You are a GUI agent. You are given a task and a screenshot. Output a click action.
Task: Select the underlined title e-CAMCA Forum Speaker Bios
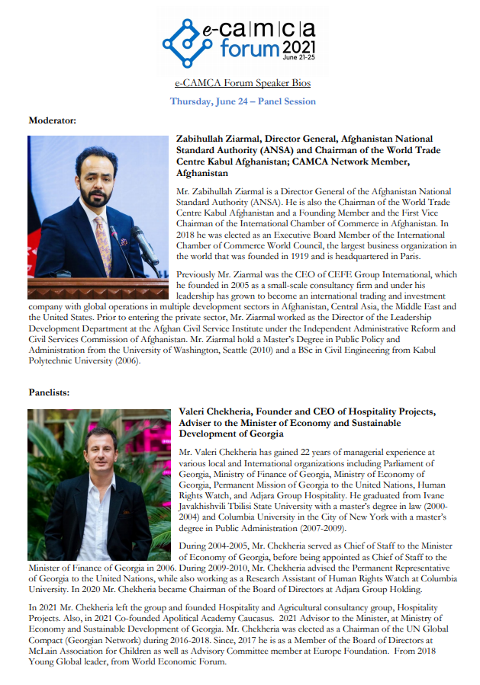tap(243, 83)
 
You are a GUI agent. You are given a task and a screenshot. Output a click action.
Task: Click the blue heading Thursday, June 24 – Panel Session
tap(243, 101)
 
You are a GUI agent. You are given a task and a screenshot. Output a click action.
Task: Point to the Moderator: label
tap(53, 120)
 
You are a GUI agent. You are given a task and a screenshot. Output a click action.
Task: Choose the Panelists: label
tap(49, 392)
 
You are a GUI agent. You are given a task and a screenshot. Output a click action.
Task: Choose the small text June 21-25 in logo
tap(298, 58)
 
